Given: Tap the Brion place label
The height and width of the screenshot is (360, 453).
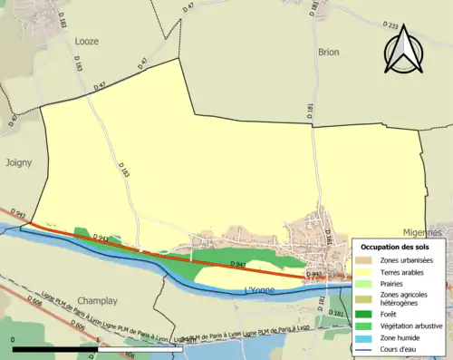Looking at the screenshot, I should click(328, 53).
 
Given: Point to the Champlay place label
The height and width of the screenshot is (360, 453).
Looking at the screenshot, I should click(99, 299).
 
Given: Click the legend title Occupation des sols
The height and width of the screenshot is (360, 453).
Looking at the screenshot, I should click(397, 247).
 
